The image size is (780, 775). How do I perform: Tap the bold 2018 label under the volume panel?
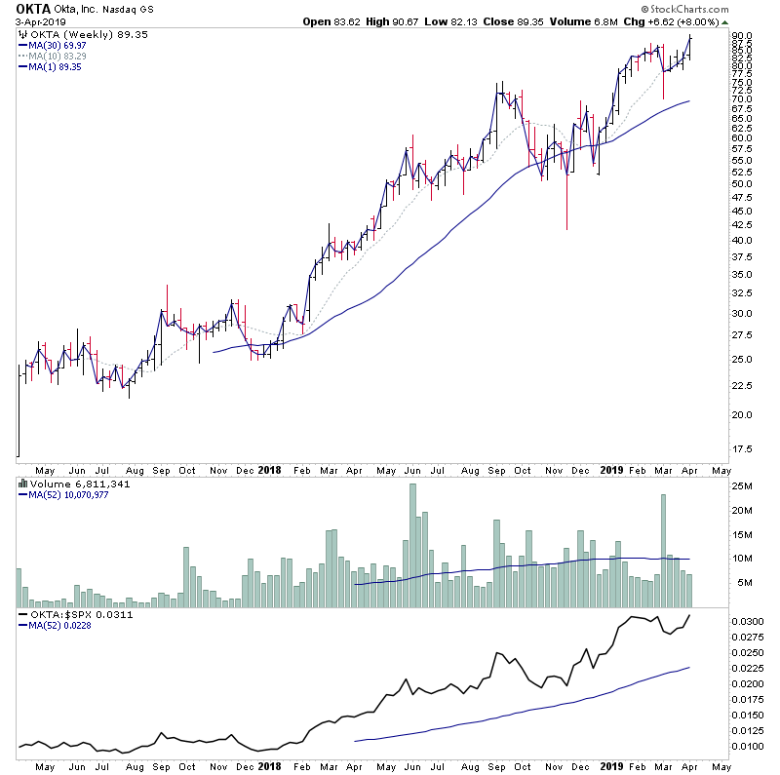(270, 469)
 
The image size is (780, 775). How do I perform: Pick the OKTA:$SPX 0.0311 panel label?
(76, 616)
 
